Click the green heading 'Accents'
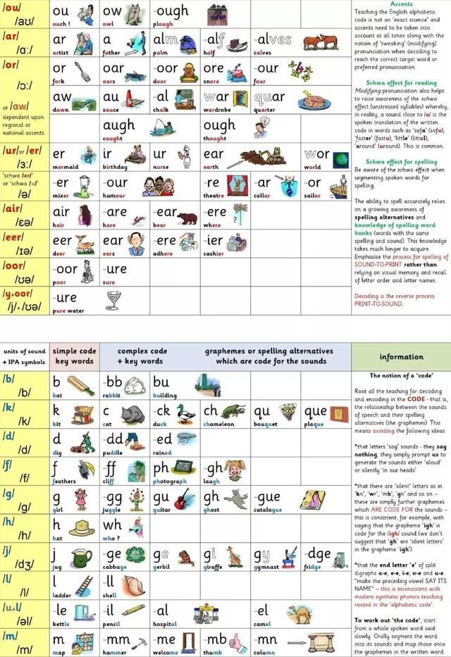pyautogui.click(x=401, y=4)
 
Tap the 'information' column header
pyautogui.click(x=401, y=356)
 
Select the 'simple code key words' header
pyautogui.click(x=74, y=356)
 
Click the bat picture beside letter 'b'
pyautogui.click(x=81, y=384)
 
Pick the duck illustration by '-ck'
pyautogui.click(x=185, y=413)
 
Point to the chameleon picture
pyautogui.click(x=233, y=413)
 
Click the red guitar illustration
pyautogui.click(x=184, y=499)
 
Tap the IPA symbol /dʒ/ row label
pyautogui.click(x=25, y=565)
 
